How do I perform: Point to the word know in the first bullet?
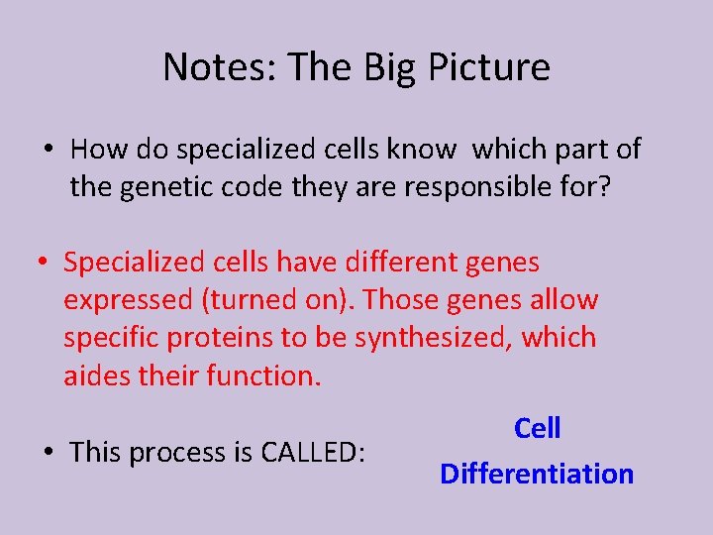(x=423, y=150)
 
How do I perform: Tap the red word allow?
(x=565, y=300)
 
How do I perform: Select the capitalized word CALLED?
(x=314, y=453)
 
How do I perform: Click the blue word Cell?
(x=537, y=429)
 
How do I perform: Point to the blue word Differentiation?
(x=537, y=474)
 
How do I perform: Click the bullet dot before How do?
(x=48, y=151)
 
